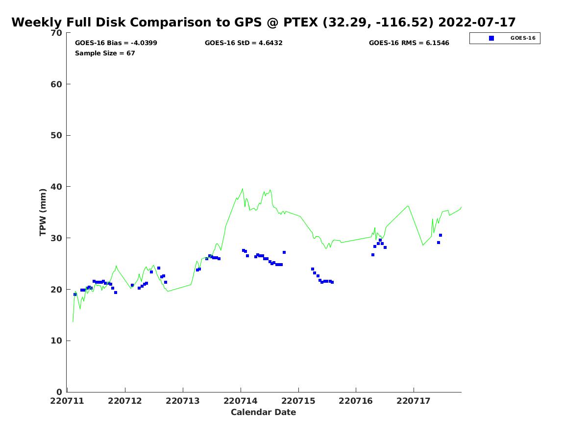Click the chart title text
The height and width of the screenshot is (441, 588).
coord(263,23)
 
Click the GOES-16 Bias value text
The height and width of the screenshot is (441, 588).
coord(116,43)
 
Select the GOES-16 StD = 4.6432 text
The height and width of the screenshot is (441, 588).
coord(244,43)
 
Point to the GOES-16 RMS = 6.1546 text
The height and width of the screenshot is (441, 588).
coord(409,43)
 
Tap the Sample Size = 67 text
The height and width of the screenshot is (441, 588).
coord(105,53)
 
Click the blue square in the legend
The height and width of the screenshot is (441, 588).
coord(491,38)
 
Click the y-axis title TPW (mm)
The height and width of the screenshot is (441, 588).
coord(43,212)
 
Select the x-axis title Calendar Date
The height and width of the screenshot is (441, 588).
coord(263,413)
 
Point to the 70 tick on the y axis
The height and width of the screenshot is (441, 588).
coord(57,33)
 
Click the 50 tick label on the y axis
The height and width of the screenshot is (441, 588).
coord(57,136)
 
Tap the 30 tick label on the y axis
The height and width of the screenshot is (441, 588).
coord(57,238)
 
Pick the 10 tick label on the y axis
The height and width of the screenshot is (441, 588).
coord(57,341)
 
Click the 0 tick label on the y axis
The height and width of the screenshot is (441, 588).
coord(59,392)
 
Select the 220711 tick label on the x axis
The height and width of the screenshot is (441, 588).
coord(67,401)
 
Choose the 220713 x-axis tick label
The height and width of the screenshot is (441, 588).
coord(183,401)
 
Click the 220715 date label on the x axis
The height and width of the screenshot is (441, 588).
coord(298,401)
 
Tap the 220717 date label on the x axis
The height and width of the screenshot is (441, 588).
coord(414,401)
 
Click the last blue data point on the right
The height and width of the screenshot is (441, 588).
coord(440,235)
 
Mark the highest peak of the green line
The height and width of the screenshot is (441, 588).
coord(243,189)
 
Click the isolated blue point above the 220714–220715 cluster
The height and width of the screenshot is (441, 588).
coord(284,252)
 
